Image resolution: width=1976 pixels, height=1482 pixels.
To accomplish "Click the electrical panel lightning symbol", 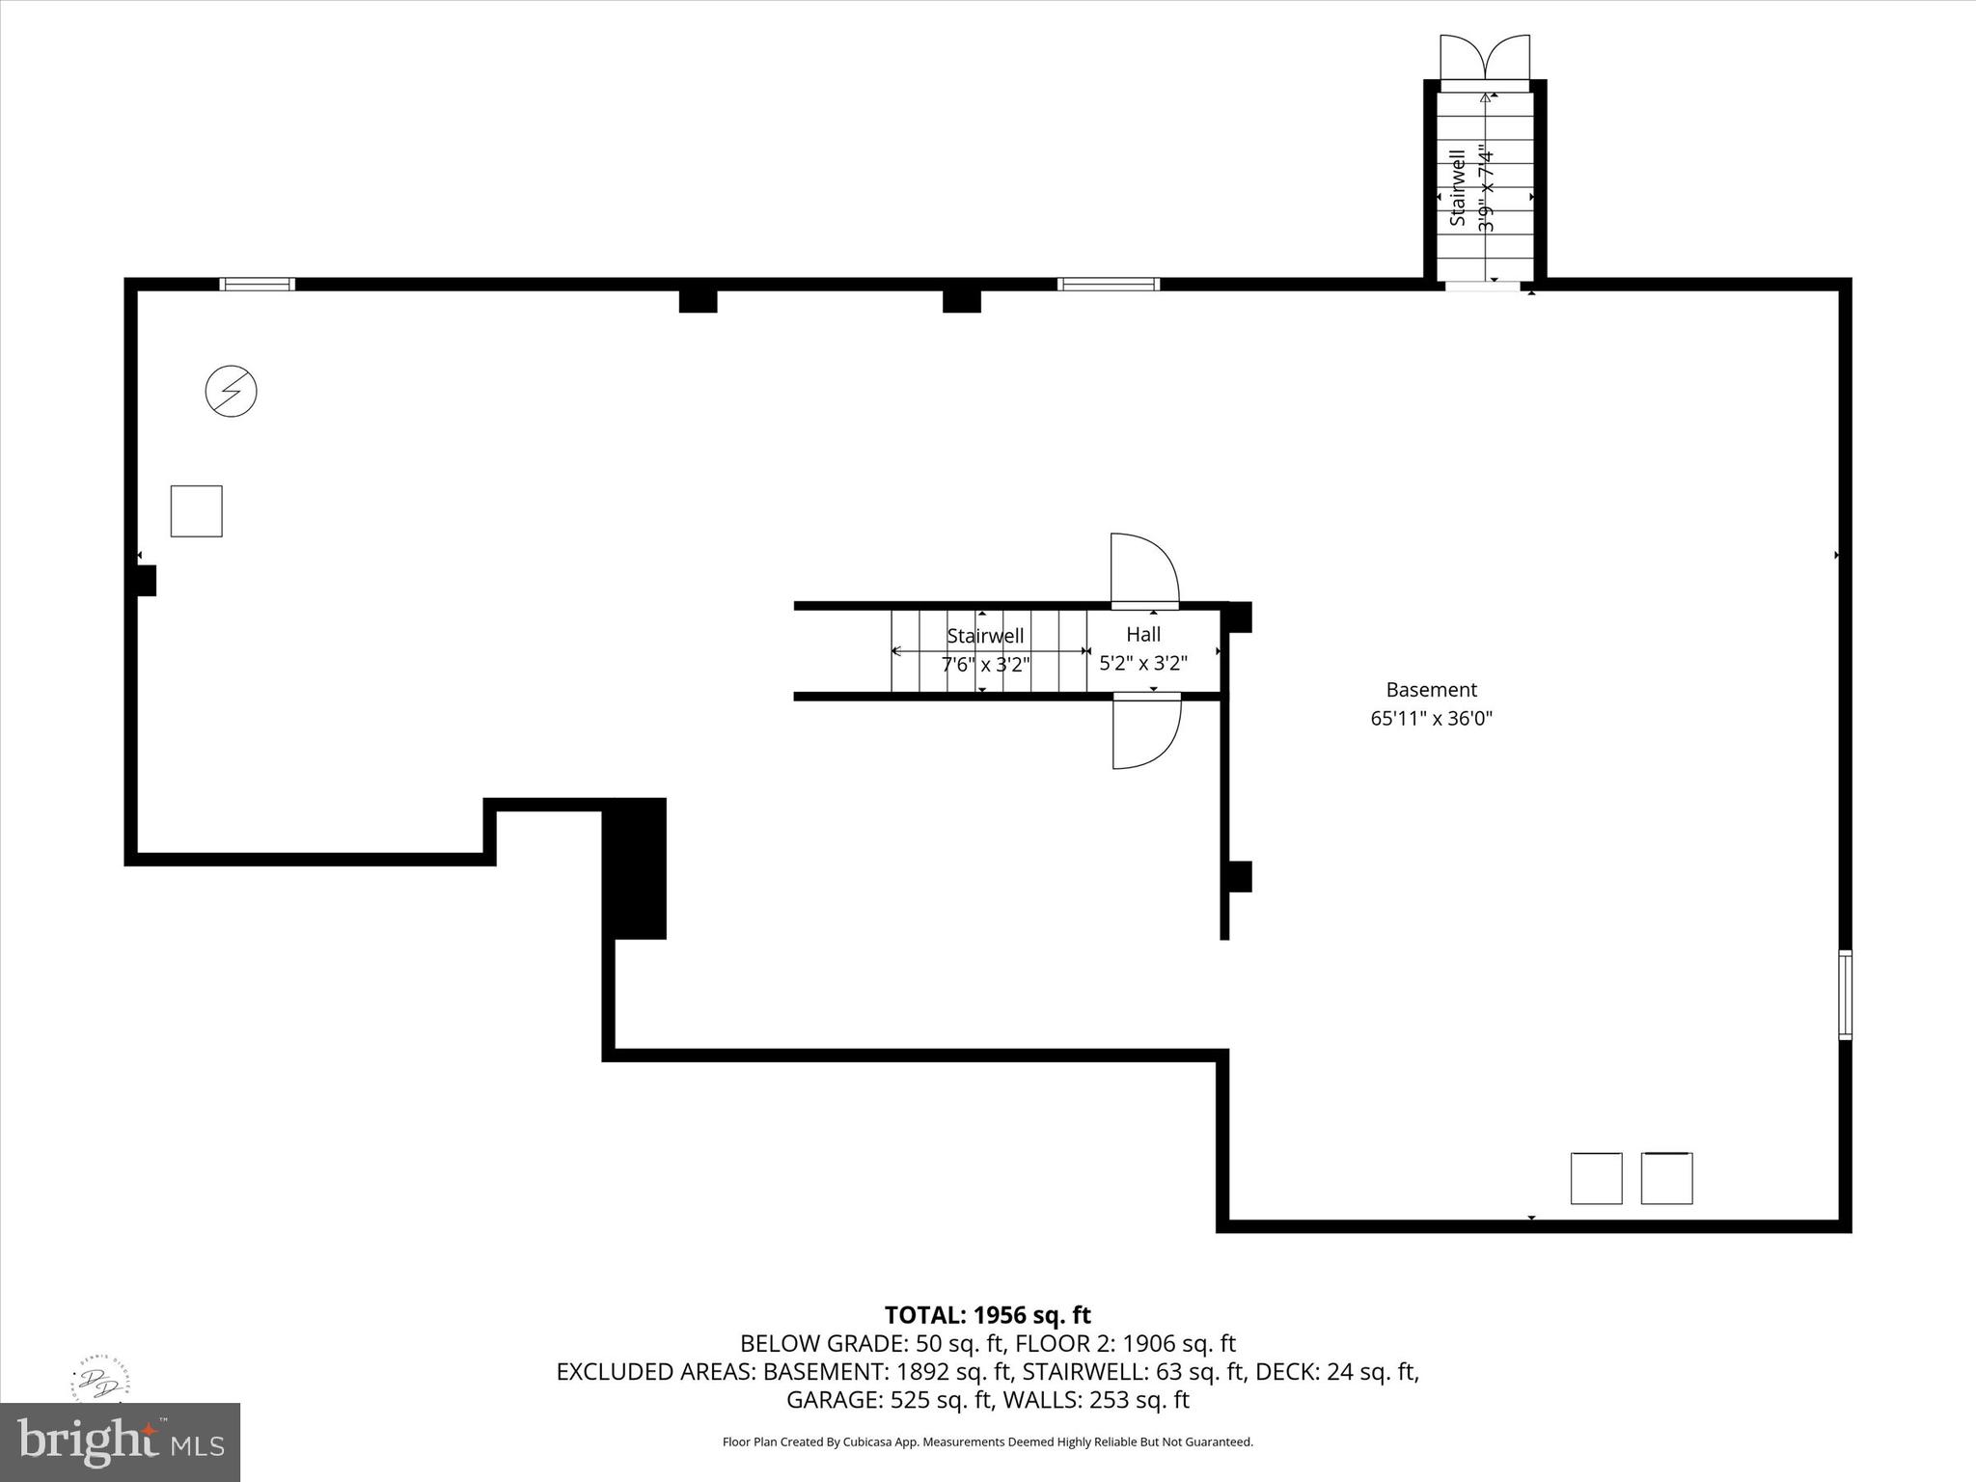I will tap(232, 392).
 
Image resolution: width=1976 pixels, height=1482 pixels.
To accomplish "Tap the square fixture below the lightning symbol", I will tap(197, 511).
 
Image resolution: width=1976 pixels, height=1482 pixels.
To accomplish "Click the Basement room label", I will tap(1431, 690).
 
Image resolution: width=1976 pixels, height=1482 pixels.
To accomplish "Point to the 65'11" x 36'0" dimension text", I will tap(1431, 718).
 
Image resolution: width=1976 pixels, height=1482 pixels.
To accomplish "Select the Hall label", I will tap(1143, 634).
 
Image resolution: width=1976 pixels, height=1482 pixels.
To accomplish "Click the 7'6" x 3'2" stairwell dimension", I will tap(985, 664).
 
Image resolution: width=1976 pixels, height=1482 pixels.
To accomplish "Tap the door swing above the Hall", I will tap(1143, 571).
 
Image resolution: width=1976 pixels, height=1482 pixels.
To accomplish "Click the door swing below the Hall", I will tap(1146, 731).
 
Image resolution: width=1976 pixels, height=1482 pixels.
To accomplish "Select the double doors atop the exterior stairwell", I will tap(1484, 58).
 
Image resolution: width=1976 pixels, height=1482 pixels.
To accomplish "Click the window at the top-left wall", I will tap(257, 284).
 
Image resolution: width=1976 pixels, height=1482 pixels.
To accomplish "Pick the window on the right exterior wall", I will tap(1845, 995).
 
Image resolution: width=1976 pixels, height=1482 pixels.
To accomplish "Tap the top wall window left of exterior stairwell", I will tap(1108, 284).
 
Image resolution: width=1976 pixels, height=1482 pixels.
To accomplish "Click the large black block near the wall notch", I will tap(634, 868).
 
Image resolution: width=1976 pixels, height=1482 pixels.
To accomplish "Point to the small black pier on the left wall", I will tap(146, 580).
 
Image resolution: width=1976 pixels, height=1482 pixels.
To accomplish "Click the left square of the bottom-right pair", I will tap(1596, 1178).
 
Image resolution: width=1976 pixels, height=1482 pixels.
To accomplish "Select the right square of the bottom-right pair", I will tap(1666, 1178).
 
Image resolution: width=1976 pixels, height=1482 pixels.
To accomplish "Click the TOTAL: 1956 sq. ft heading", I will tap(987, 1315).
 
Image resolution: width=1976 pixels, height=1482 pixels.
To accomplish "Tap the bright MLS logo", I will tap(120, 1441).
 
